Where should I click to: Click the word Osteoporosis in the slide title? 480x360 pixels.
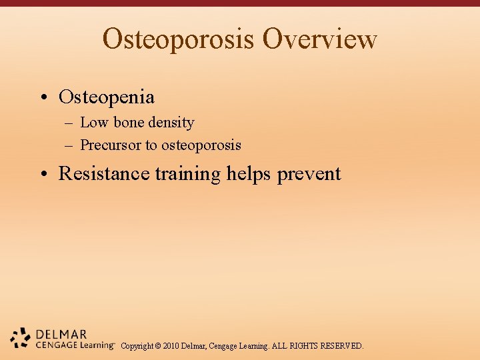[179, 39]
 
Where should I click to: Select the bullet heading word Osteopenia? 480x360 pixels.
[107, 97]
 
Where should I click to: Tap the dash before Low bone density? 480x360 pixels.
[69, 123]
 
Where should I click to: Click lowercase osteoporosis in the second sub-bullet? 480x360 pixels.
[201, 145]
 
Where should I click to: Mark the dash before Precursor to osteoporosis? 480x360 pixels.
[69, 145]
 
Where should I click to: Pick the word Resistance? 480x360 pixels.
[104, 174]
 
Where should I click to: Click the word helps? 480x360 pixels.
[249, 174]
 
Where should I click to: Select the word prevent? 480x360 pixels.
[309, 174]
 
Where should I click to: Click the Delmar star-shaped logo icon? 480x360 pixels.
[21, 338]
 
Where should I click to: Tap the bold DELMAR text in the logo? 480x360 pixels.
[61, 334]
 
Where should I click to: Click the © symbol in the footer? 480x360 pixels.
[157, 346]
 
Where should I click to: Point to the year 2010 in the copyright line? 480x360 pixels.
[171, 346]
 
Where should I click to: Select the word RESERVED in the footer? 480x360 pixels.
[342, 346]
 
